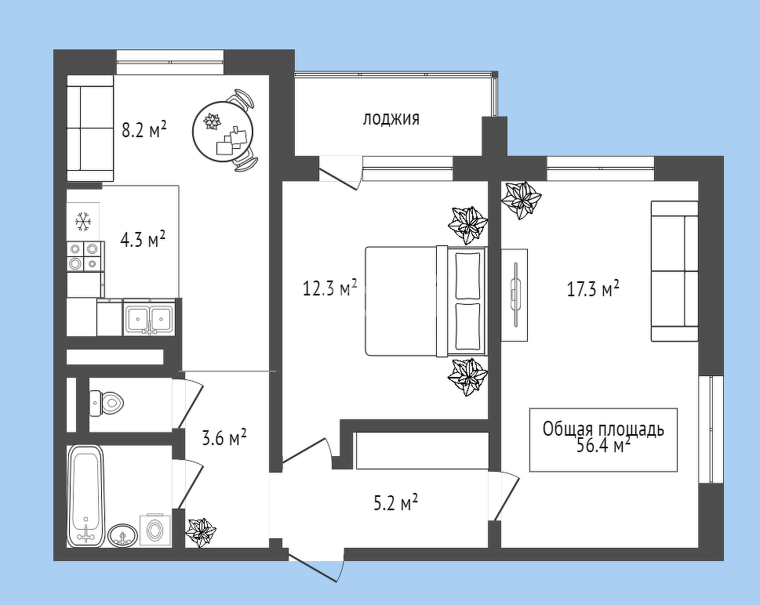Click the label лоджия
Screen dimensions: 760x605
(391, 118)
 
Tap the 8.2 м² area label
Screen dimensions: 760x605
(144, 130)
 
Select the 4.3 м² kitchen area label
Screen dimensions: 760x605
(143, 239)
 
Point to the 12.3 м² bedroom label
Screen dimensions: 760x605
(329, 288)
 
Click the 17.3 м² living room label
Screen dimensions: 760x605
(593, 289)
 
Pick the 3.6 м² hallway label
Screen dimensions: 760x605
(224, 438)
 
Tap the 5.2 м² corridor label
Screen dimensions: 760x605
(395, 503)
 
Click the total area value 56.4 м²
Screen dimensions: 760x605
(603, 444)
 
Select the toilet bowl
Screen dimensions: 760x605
(107, 403)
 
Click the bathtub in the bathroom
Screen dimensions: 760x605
(86, 496)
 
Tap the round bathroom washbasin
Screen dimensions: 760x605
(123, 536)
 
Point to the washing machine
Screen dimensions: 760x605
(155, 530)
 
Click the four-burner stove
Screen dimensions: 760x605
(85, 256)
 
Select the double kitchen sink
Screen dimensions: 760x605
(149, 317)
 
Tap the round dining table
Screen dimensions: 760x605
(223, 132)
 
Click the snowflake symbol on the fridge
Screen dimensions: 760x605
(83, 221)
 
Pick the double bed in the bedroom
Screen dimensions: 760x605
(426, 301)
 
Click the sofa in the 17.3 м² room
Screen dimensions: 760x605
(675, 271)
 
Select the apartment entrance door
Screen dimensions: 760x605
(315, 567)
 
